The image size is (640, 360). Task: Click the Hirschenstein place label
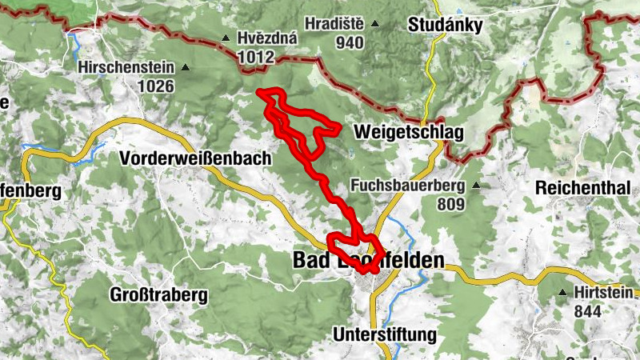tap(128, 68)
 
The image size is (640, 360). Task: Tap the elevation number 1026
tap(155, 86)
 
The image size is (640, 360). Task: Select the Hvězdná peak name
tap(268, 38)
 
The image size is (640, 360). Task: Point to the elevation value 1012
tap(256, 57)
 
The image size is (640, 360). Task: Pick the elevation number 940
tap(350, 43)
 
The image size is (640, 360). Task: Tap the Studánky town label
tap(445, 26)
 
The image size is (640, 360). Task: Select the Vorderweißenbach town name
tap(196, 158)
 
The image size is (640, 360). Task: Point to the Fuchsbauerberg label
tap(407, 186)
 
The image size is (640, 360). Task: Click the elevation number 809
tap(452, 204)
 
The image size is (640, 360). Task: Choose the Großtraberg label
tap(160, 294)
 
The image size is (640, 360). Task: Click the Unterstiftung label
tap(386, 334)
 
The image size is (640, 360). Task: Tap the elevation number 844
tap(588, 311)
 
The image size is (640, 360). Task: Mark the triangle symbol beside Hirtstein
tap(565, 293)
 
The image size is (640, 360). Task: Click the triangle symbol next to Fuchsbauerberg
tap(477, 186)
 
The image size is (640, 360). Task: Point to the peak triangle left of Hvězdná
tap(226, 38)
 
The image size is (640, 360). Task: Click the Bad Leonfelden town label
tap(368, 260)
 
